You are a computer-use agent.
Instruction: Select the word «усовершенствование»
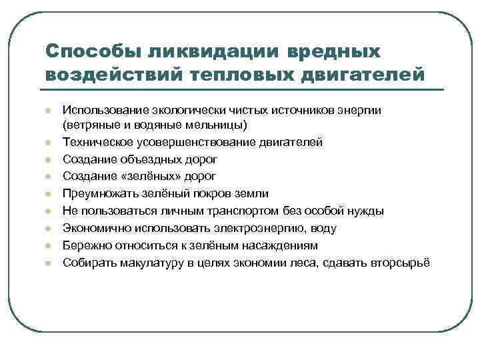click(195, 141)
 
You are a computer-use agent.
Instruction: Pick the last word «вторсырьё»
click(404, 263)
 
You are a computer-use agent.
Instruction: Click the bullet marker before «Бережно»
click(49, 246)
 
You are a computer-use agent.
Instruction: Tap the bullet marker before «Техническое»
click(49, 142)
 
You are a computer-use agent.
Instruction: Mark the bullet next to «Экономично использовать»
click(49, 229)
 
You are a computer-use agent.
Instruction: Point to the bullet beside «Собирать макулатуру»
click(49, 263)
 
